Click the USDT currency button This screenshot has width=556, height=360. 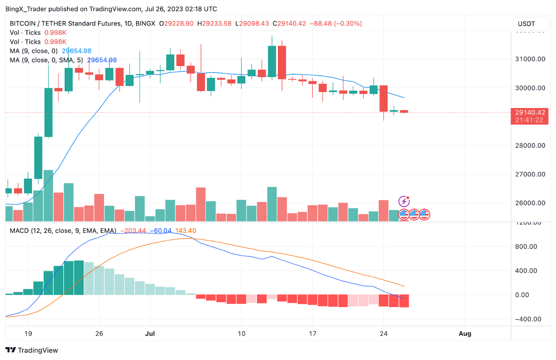[526, 24]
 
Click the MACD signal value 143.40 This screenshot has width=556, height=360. [186, 230]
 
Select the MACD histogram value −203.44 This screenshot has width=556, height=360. [133, 230]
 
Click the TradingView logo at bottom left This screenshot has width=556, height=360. [32, 350]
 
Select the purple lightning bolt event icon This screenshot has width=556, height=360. [404, 201]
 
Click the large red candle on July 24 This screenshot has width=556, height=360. [383, 98]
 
